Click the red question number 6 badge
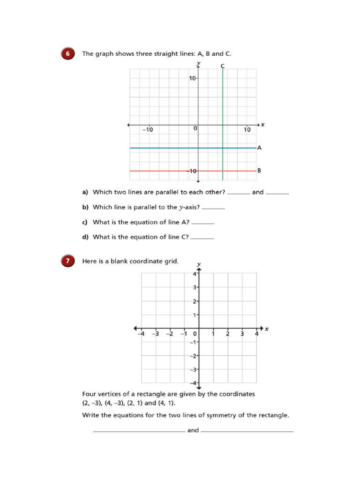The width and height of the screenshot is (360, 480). coord(67,54)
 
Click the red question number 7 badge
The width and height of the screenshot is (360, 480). coord(67,261)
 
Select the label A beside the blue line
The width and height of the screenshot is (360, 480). coord(259,148)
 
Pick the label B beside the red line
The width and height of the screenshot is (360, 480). coord(259,171)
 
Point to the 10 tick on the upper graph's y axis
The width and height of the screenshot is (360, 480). coord(193,78)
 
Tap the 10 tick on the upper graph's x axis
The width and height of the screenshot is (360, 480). coord(247,130)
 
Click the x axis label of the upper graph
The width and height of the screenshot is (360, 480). coord(263,125)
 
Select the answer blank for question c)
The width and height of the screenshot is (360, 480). coord(203,223)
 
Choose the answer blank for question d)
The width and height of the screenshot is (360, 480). coord(202,238)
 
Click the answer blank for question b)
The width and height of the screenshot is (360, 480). coord(214,208)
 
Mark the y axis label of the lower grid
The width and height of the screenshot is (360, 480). coord(199,264)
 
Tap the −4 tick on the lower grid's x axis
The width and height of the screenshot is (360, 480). coord(141,334)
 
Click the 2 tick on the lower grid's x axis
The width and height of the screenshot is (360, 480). coord(227,334)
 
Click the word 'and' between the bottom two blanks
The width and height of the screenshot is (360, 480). coord(193,430)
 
